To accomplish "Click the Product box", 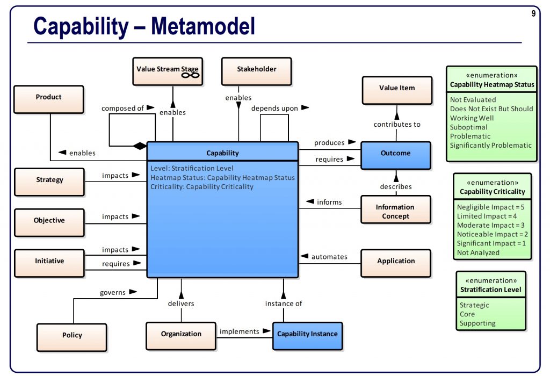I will [48, 99].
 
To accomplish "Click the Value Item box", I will [396, 90].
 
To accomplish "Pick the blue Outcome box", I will [395, 155].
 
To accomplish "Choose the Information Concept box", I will [395, 211].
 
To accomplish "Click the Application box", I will [395, 263].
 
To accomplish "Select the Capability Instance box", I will [307, 335].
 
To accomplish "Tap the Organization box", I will [181, 335].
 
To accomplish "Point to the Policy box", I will [71, 337].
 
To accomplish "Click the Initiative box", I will [49, 263].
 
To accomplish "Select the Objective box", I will [49, 222].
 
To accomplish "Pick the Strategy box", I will [49, 182].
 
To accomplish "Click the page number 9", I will [533, 14].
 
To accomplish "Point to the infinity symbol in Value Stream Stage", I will [190, 75].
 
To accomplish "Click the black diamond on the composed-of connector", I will [140, 146].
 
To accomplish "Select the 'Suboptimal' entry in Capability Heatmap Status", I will [469, 127].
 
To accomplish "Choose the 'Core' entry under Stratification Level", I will [467, 314].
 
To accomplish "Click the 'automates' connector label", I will [329, 257].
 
